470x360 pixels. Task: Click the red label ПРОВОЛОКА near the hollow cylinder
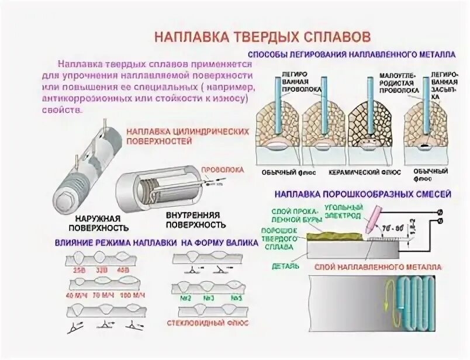tap(223, 169)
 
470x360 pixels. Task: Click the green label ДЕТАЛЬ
tap(286, 266)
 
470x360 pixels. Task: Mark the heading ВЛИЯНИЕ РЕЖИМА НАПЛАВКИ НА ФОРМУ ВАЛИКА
tap(156, 242)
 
